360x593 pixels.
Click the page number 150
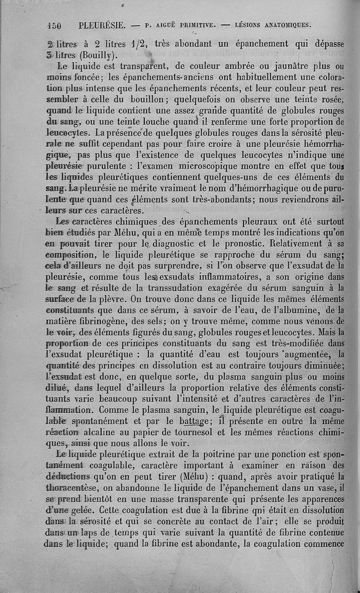(54, 25)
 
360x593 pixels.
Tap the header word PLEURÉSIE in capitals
(102, 25)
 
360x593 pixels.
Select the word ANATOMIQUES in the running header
(288, 25)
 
